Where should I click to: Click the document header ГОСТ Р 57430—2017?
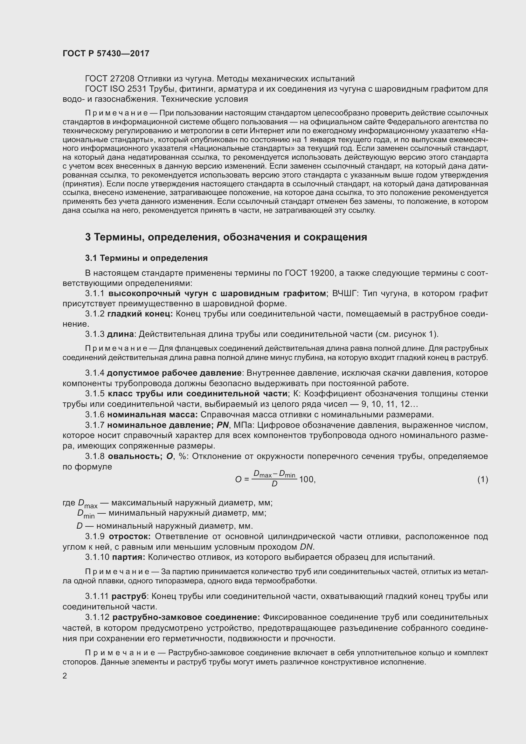tap(106, 53)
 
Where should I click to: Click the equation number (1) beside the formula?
tap(482, 479)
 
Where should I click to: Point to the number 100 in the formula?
tap(307, 479)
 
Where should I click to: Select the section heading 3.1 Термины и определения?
tap(146, 258)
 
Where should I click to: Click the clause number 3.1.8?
tap(94, 456)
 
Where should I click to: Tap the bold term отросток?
tap(129, 536)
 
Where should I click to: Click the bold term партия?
tap(128, 557)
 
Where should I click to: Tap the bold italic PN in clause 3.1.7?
tap(223, 425)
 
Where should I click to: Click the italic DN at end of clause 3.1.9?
tap(306, 547)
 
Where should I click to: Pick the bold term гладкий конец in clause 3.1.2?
tap(140, 314)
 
